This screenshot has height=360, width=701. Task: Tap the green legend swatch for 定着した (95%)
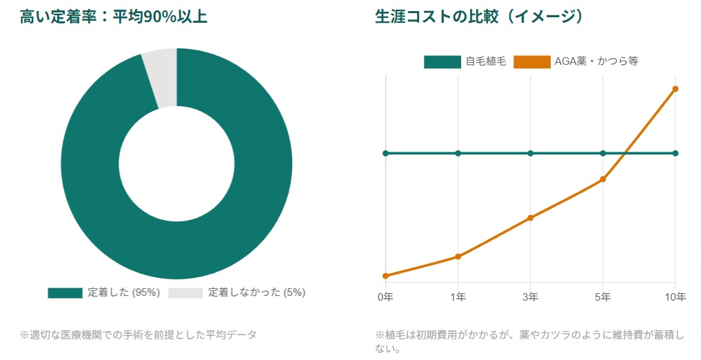point(65,292)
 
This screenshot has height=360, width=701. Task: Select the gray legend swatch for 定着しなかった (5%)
point(185,292)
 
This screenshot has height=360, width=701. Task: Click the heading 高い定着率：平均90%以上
point(114,17)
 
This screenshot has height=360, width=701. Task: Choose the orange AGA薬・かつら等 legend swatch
point(531,62)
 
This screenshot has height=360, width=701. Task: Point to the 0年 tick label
point(385,297)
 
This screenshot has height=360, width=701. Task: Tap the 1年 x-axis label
point(458,297)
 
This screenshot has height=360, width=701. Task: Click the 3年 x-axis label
point(530,297)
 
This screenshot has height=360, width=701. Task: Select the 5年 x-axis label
point(602,297)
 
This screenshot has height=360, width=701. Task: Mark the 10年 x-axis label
point(675,297)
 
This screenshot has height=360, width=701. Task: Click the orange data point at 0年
point(385,276)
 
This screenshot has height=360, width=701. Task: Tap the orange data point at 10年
point(675,88)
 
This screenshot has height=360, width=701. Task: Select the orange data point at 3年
point(530,218)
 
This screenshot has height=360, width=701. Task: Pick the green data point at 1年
point(458,153)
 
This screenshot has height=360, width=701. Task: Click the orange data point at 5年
point(602,179)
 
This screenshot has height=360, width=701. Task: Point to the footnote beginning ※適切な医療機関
point(138,335)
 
